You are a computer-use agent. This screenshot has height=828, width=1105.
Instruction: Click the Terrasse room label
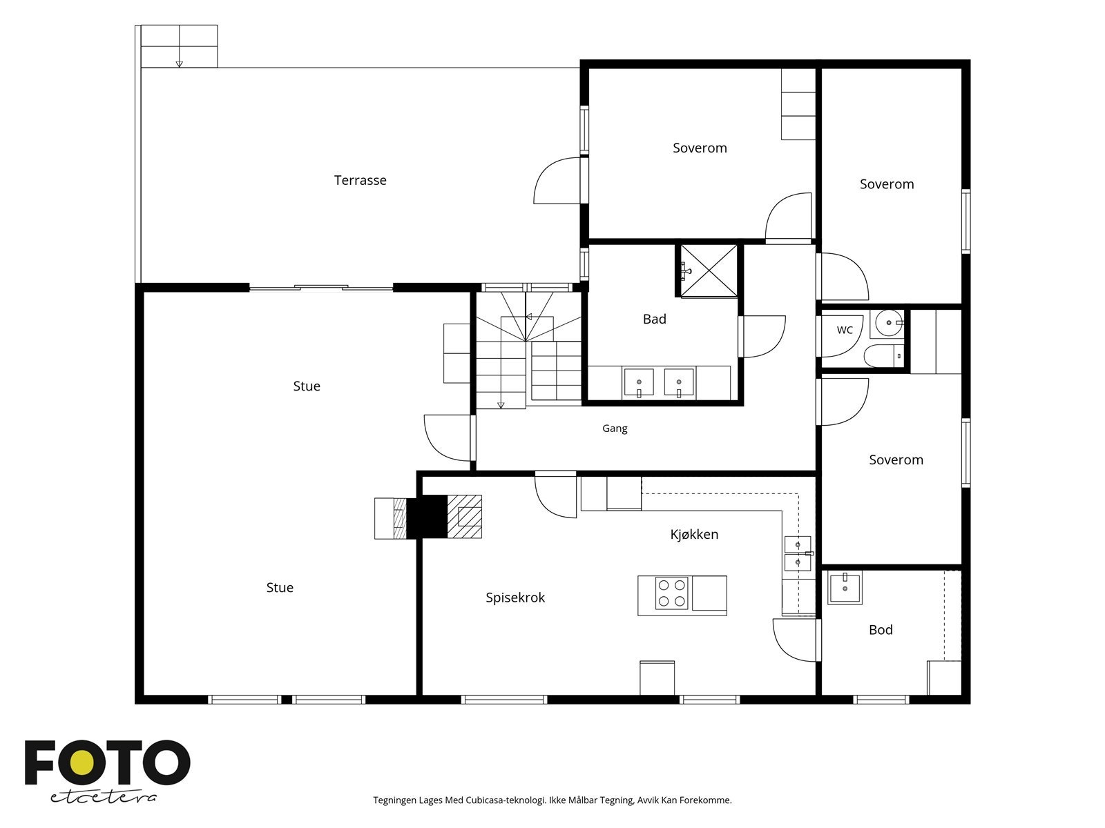pyautogui.click(x=360, y=180)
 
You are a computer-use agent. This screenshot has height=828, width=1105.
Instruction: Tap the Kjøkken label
pyautogui.click(x=693, y=534)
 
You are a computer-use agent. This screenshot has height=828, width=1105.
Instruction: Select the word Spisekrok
pyautogui.click(x=515, y=598)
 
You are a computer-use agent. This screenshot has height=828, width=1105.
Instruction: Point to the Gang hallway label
pyautogui.click(x=615, y=428)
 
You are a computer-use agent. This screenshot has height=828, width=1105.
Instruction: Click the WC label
pyautogui.click(x=845, y=330)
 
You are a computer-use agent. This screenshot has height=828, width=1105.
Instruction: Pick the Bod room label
pyautogui.click(x=881, y=629)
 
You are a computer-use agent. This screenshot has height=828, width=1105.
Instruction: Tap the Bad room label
pyautogui.click(x=655, y=319)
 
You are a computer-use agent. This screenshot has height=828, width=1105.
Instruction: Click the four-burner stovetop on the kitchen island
pyautogui.click(x=671, y=593)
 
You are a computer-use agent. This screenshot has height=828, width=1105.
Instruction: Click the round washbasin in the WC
pyautogui.click(x=889, y=323)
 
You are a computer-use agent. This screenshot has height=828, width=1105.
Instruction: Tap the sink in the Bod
pyautogui.click(x=845, y=587)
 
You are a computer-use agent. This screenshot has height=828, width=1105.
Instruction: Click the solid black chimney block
pyautogui.click(x=427, y=517)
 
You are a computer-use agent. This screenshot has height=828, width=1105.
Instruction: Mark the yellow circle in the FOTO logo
pyautogui.click(x=82, y=763)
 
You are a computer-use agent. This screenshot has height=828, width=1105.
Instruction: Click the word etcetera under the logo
pyautogui.click(x=103, y=798)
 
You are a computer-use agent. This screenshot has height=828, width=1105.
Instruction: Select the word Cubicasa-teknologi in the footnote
pyautogui.click(x=506, y=800)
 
